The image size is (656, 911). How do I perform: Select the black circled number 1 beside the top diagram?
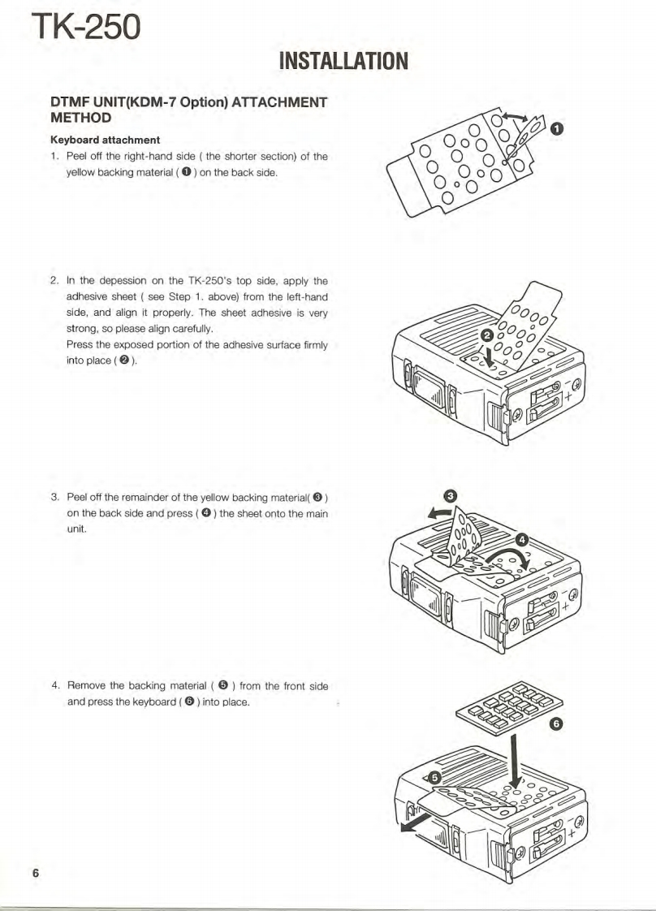click(x=556, y=128)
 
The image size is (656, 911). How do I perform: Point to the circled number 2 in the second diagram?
click(x=487, y=335)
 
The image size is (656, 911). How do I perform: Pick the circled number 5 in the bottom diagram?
click(x=435, y=778)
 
